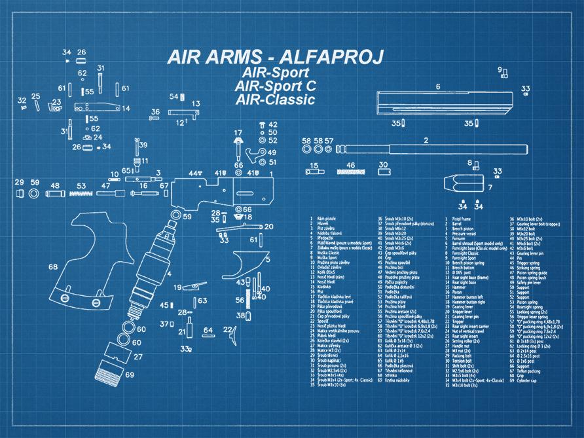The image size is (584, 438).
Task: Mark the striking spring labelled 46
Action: pyautogui.click(x=351, y=172)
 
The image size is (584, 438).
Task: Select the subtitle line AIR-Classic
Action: pyautogui.click(x=275, y=99)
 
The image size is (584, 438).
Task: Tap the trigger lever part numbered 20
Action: pyautogui.click(x=252, y=227)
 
